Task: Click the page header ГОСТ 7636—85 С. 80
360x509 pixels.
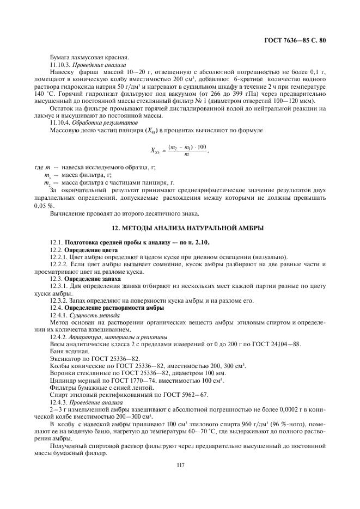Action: pos(294,40)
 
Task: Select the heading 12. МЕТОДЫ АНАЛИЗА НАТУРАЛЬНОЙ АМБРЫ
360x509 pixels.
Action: pos(180,228)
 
